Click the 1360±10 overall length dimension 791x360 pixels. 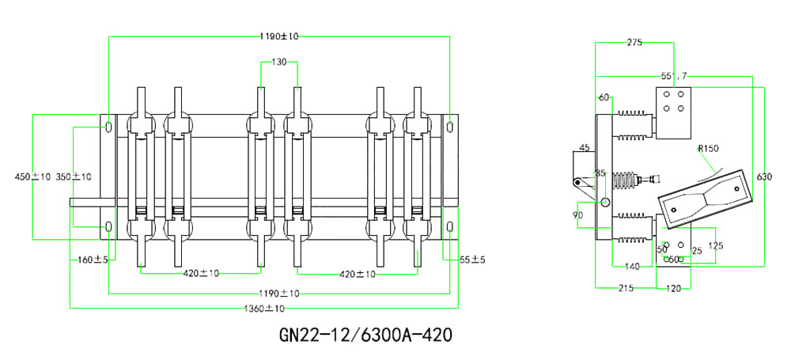264,308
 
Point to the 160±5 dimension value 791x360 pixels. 93,259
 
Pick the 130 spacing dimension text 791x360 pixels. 279,62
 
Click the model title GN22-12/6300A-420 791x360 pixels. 365,335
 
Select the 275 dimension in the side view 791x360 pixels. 635,43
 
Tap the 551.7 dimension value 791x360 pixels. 674,76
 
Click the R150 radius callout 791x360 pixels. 709,148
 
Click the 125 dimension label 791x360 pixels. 715,245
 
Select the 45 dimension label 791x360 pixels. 585,148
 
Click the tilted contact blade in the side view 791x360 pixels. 703,194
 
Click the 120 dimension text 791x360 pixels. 674,289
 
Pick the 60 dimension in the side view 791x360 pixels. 604,97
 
